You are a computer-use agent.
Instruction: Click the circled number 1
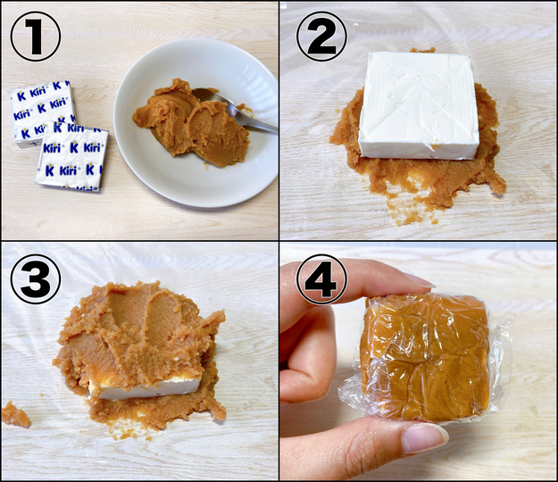(x=35, y=37)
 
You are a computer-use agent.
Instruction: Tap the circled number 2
(x=321, y=37)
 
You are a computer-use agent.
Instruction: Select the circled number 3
(x=35, y=279)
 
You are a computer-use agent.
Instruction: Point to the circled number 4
(x=321, y=279)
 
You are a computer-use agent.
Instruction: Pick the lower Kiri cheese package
(x=72, y=156)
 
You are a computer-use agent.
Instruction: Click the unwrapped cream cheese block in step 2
(x=419, y=105)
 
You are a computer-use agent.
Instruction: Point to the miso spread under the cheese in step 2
(x=423, y=178)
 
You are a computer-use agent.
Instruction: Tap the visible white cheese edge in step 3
(x=146, y=388)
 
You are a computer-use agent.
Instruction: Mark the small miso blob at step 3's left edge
(x=16, y=414)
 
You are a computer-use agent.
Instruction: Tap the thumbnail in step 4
(x=425, y=438)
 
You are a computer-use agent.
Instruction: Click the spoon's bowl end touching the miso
(x=205, y=96)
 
